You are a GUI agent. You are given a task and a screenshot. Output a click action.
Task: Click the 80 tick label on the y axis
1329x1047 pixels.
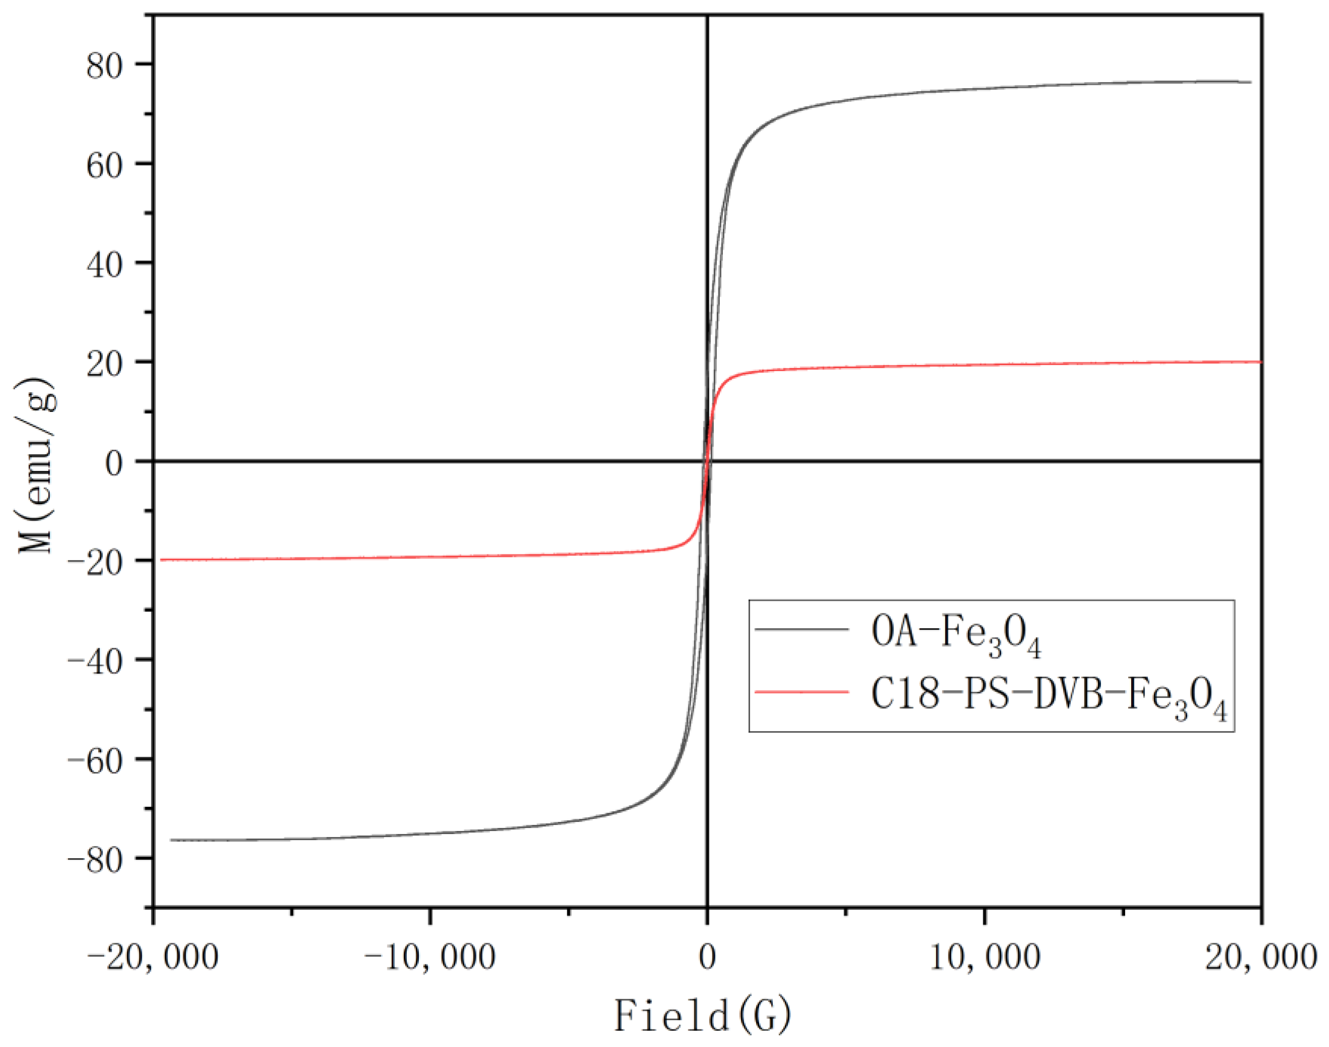pos(104,65)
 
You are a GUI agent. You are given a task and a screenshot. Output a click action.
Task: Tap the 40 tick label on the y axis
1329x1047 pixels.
pos(104,264)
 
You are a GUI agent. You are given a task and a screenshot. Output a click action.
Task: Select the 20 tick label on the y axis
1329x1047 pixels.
pos(104,364)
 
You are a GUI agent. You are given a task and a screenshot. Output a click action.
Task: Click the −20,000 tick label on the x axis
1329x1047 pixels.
pos(153,957)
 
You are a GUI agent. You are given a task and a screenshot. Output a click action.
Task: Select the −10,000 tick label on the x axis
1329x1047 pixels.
pos(429,957)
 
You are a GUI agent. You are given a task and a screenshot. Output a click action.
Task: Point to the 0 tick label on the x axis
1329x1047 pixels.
pos(707,957)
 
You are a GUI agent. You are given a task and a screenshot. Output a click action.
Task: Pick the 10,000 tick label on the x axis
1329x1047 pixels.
pos(985,957)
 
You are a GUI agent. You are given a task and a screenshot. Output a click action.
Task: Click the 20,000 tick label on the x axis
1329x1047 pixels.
pos(1261,957)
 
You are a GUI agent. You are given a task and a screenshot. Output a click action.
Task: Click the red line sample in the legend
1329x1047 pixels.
pos(801,692)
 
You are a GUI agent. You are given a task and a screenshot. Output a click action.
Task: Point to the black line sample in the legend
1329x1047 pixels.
pos(801,629)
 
